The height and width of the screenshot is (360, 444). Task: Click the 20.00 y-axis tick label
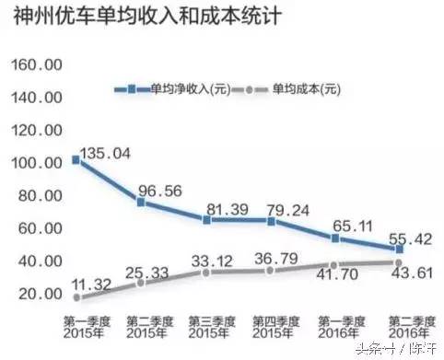click(41, 294)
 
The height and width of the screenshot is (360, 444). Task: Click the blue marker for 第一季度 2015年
click(76, 160)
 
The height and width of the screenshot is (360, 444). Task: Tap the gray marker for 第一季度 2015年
click(76, 297)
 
